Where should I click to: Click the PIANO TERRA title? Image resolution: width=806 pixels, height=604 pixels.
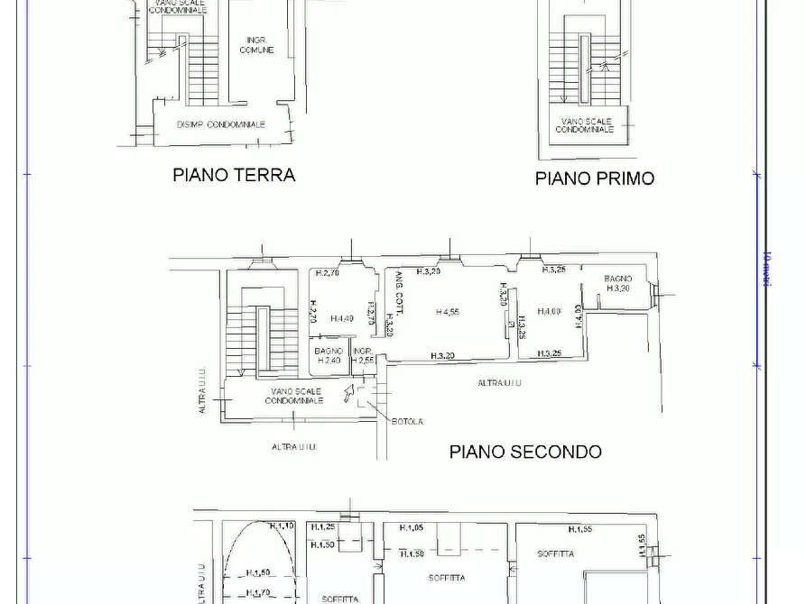[234, 175]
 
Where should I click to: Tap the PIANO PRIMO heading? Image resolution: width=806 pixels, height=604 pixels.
[594, 178]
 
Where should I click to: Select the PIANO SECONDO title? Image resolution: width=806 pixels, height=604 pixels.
[525, 452]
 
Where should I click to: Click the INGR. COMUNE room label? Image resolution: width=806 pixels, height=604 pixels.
[256, 45]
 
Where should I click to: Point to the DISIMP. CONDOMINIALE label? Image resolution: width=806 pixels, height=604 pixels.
[221, 124]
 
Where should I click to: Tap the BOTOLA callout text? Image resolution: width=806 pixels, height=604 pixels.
[407, 421]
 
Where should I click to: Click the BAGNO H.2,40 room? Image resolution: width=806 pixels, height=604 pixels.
[329, 356]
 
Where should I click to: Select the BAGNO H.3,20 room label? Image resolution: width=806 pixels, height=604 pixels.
[618, 284]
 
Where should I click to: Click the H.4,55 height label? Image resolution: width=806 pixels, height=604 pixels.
[448, 313]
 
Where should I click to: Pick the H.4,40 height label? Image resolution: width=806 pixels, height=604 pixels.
[342, 318]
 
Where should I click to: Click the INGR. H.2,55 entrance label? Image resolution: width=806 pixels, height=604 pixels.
[363, 356]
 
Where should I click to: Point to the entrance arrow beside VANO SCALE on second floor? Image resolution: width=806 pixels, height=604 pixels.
[349, 393]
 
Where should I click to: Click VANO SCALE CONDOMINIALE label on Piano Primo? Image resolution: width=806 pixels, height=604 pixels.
[584, 125]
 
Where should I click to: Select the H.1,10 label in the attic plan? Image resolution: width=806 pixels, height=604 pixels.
[283, 526]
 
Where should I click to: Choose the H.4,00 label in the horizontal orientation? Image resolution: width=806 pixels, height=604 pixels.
[549, 312]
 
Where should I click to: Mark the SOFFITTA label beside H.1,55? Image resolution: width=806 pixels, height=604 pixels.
[555, 554]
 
